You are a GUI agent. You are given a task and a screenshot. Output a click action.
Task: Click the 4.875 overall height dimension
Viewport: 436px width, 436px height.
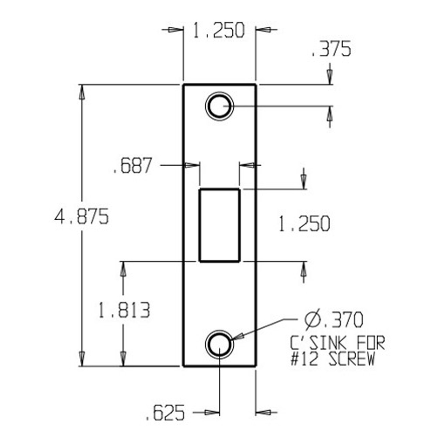point(82,217)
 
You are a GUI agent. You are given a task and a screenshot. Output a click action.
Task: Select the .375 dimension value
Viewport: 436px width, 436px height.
point(331,50)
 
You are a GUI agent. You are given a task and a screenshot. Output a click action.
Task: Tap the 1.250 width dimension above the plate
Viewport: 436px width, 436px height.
point(219,30)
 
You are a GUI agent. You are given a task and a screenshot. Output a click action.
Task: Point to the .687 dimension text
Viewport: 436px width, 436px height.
point(132,166)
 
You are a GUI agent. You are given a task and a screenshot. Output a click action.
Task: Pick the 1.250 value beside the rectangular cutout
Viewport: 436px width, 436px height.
point(304,224)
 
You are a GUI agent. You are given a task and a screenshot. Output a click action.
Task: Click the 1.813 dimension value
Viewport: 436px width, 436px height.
point(124,311)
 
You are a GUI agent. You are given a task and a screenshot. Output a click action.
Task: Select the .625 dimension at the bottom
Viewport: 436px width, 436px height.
point(165,413)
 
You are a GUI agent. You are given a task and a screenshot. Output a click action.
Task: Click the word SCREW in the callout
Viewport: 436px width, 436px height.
point(352,359)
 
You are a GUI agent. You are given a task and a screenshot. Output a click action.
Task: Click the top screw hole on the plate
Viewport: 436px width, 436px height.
point(219,106)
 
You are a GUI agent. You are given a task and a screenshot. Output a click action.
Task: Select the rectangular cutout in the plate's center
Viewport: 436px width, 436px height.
point(219,225)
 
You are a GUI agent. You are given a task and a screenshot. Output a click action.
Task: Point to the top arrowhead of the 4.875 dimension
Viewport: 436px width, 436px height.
point(81,92)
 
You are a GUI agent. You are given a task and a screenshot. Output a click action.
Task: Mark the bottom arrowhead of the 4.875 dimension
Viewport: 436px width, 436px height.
point(81,358)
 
